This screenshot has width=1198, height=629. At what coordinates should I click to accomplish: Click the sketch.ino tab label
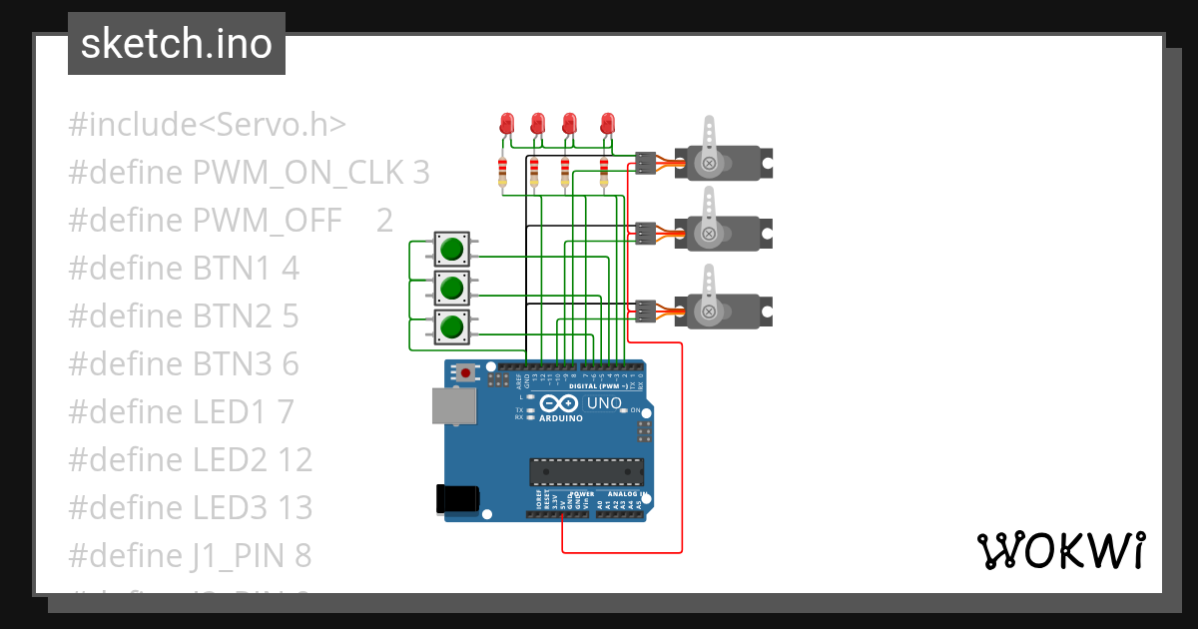point(177,44)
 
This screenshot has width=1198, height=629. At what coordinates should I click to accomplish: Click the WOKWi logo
point(1060,550)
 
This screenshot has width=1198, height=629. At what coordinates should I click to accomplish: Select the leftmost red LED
point(505,124)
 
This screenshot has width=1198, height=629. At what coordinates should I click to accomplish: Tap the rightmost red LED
point(606,124)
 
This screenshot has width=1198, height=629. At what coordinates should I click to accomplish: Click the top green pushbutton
point(452,248)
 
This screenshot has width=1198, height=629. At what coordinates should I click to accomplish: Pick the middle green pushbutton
point(452,288)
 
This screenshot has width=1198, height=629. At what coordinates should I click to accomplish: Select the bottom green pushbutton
point(452,326)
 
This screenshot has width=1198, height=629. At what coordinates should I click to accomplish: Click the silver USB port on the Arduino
point(453,406)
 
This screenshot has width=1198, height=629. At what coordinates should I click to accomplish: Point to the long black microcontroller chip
point(586,472)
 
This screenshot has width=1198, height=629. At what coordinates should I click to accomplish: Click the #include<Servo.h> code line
point(208,125)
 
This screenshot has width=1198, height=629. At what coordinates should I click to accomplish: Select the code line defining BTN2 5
point(184,315)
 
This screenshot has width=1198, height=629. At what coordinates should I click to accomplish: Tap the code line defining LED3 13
point(191,507)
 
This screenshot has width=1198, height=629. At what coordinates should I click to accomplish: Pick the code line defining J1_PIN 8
point(190,555)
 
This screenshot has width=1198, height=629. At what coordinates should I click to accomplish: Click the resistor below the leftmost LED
point(502,172)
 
